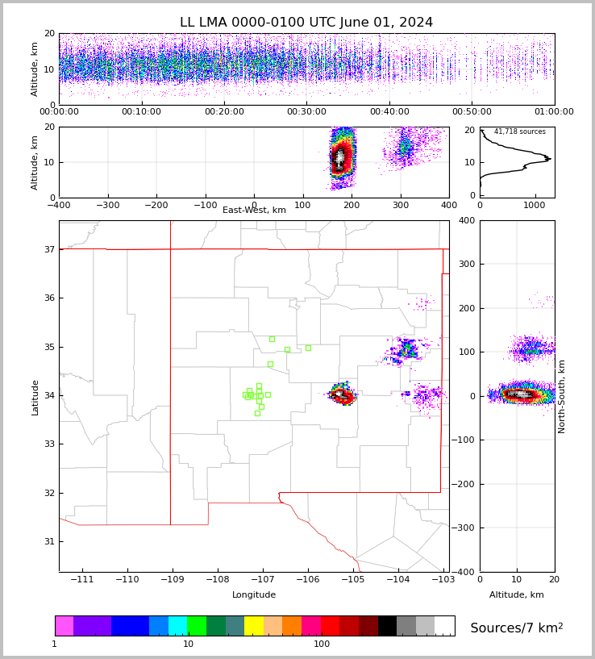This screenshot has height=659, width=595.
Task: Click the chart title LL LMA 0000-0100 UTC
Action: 306,23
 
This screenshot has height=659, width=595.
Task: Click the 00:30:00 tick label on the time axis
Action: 306,112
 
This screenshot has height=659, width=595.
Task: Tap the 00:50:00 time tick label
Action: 472,112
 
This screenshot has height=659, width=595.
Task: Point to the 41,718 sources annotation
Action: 519,131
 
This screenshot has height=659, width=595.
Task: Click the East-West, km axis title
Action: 254,211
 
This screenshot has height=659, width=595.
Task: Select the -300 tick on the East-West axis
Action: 107,205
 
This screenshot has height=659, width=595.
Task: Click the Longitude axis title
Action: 254,595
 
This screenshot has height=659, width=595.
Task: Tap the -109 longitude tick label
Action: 171,580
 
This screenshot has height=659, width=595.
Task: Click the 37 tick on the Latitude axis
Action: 48,249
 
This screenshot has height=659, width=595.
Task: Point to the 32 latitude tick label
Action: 48,493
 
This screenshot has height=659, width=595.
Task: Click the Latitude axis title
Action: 35,397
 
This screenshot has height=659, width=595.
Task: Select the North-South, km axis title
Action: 562,396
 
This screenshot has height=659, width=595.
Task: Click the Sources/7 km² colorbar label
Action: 516,628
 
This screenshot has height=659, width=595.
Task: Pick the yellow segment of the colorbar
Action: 254,626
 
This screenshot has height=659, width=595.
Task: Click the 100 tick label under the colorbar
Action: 322,644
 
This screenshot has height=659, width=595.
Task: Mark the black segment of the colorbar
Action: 388,626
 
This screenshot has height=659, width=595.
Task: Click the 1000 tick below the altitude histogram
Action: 535,205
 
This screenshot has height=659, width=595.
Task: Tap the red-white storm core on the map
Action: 343,395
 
